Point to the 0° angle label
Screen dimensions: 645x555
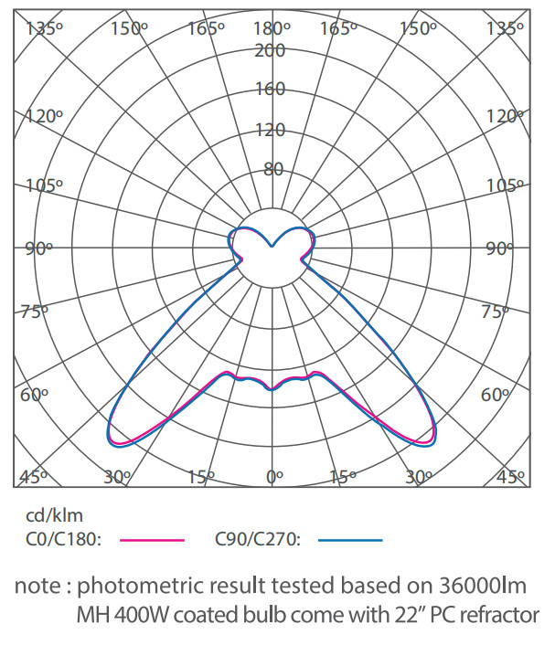273,477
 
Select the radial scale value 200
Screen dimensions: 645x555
271,50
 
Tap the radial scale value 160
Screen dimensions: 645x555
271,90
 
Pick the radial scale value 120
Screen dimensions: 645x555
271,129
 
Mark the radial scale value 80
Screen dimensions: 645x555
273,169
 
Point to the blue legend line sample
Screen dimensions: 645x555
350,540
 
